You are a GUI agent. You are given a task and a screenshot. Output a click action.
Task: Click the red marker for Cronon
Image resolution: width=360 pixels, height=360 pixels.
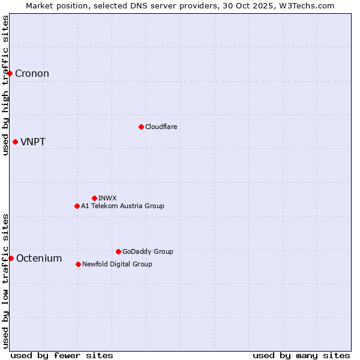pos(10,74)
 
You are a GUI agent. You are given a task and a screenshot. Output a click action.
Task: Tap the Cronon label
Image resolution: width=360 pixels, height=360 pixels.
pos(32,74)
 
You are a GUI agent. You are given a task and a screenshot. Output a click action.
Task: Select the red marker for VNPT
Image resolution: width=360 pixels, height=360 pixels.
pos(15,142)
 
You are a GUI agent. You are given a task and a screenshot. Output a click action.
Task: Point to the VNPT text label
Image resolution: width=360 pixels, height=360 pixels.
pos(33,142)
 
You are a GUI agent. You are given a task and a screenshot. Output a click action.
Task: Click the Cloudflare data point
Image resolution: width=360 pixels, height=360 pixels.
pos(141,127)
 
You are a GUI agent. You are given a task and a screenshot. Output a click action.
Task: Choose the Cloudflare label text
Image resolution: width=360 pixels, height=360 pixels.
pos(161,127)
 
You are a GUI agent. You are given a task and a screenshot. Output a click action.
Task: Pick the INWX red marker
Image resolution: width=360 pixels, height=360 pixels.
pos(94,198)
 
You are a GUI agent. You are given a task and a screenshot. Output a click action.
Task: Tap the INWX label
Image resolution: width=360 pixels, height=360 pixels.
pos(107,198)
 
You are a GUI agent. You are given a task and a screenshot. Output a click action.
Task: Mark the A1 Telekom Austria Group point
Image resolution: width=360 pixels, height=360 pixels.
pos(77,206)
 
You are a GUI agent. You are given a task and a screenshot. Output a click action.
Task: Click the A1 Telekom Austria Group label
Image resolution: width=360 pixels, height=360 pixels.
pos(122,206)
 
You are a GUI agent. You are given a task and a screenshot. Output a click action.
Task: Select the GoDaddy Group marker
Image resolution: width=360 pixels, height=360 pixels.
pos(118,251)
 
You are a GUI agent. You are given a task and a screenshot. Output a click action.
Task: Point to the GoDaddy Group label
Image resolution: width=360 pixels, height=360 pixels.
pos(148,251)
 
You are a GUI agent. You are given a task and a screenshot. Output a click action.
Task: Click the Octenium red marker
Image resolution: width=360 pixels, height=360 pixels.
pos(11,258)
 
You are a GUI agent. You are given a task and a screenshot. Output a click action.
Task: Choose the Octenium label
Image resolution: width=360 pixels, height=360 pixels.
pos(39,259)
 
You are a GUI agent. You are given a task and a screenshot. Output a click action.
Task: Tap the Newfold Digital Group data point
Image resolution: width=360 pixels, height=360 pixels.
pos(78,264)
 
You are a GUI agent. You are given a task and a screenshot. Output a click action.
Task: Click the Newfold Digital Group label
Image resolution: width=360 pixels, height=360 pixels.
pos(117,264)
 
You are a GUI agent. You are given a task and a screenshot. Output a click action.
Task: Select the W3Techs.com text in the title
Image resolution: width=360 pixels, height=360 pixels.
pos(306,5)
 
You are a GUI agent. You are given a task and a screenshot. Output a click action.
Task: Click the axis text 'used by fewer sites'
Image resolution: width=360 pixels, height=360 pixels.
pos(62,355)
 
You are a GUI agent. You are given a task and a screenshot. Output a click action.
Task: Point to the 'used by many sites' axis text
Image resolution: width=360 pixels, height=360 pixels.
pos(301,355)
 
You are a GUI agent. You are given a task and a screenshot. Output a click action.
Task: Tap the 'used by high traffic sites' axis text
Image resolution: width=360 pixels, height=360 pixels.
pos(5,85)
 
